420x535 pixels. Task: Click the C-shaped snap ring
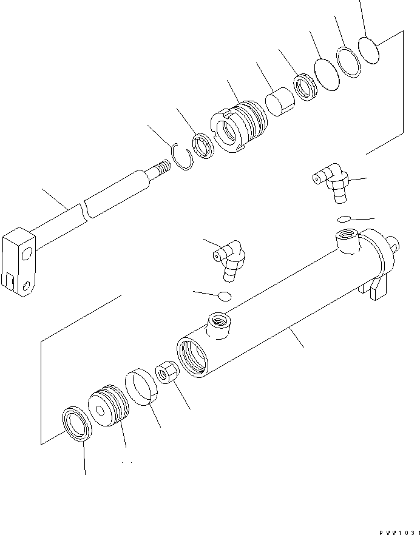181,159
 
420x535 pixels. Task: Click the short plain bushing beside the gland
279,102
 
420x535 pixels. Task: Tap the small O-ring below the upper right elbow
344,218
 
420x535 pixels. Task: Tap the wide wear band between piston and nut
141,386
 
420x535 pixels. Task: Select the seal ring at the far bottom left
77,423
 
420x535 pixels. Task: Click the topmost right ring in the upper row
368,49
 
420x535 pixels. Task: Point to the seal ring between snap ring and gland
202,146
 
